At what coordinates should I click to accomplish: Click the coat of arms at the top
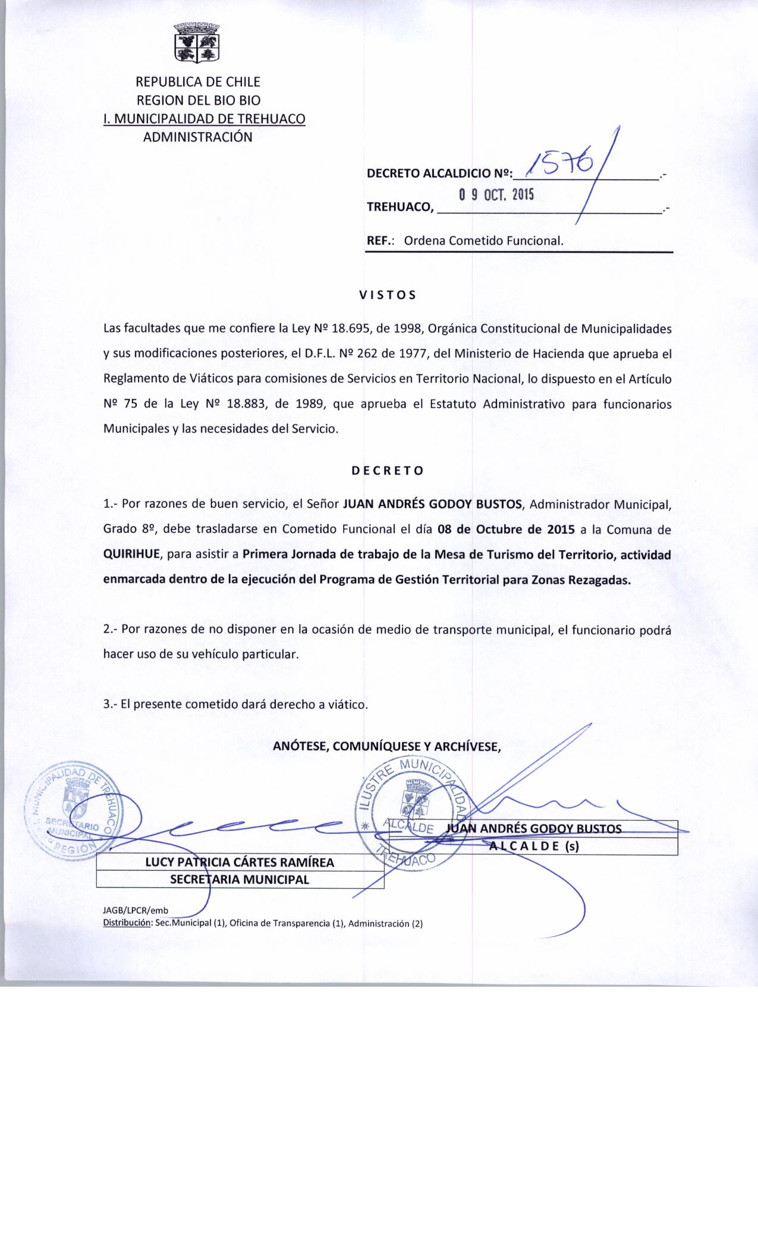coord(197,42)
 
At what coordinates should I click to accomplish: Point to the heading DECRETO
coord(387,470)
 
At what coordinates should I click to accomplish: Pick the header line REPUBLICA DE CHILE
coord(198,82)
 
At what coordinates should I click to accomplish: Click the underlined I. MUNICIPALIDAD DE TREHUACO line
coord(204,119)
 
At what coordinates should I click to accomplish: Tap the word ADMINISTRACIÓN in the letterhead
coord(198,137)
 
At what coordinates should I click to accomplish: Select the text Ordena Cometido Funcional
coord(483,241)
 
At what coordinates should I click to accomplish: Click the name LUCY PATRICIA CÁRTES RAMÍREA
coord(240,862)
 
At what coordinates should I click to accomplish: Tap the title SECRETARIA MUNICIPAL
coord(240,880)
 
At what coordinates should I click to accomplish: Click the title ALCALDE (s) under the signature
coord(533,847)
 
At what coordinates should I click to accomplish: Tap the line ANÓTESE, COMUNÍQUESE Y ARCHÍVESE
coord(387,746)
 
